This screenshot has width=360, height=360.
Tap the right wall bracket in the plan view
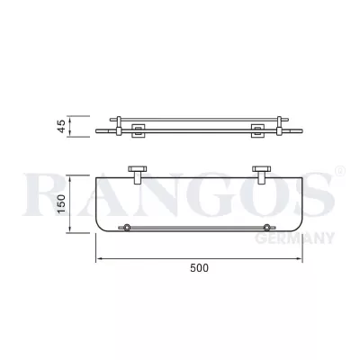264,171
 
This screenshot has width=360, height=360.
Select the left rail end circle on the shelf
127,227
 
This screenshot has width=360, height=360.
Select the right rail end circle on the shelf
267,227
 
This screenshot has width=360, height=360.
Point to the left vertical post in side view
113,126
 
